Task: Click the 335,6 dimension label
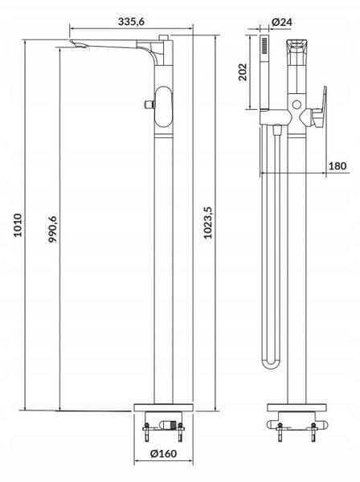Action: (131, 22)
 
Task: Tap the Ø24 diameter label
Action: (281, 22)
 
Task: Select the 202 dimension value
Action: (243, 72)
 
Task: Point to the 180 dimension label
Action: (337, 166)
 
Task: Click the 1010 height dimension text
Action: (18, 225)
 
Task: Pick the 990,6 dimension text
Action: (52, 229)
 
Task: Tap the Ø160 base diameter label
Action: (164, 453)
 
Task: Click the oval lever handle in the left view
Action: (164, 107)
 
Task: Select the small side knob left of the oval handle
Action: (149, 104)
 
